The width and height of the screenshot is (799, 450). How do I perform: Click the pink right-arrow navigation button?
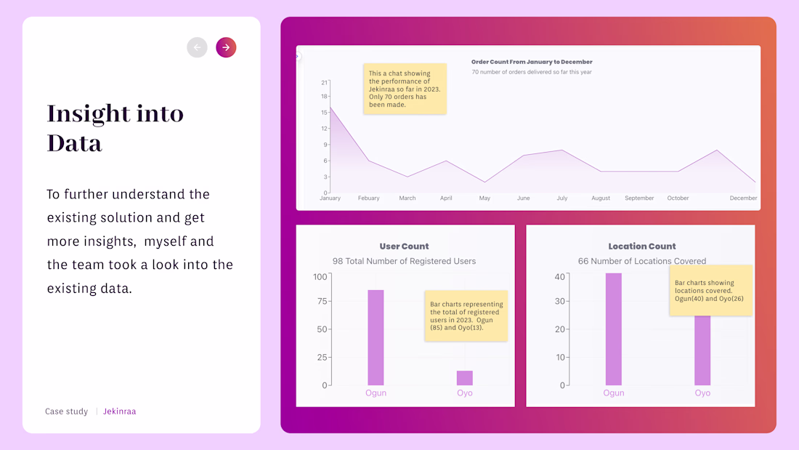pos(226,47)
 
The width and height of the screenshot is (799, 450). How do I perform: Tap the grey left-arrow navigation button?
pos(197,47)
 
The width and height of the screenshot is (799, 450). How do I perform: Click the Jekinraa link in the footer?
pos(119,411)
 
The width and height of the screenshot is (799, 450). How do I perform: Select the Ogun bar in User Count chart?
pos(376,337)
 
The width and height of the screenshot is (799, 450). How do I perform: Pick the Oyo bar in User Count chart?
pos(465,377)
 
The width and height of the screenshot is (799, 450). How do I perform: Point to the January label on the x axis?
pos(330,198)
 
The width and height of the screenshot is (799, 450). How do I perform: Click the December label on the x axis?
pos(743,198)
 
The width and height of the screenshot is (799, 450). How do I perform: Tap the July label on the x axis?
pos(562,198)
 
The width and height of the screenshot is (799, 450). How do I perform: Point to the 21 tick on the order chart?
pos(324,82)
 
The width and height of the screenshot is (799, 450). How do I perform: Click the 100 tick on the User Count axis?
pos(320,277)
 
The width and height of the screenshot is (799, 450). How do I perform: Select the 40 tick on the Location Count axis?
pos(559,277)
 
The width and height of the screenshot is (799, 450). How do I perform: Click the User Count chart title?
pos(404,246)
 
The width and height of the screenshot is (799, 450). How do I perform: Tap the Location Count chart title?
pos(642,246)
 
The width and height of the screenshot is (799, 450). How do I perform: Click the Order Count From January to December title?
pos(532,62)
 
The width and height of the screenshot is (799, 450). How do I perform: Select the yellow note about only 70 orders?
pos(405,89)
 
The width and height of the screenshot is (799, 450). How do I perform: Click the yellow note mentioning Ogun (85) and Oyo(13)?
pos(466,316)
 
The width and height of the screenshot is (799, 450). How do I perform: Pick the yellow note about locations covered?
pos(710,290)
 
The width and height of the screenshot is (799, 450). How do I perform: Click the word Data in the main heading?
pos(75,143)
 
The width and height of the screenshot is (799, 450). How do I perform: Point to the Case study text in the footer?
pos(66,411)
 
